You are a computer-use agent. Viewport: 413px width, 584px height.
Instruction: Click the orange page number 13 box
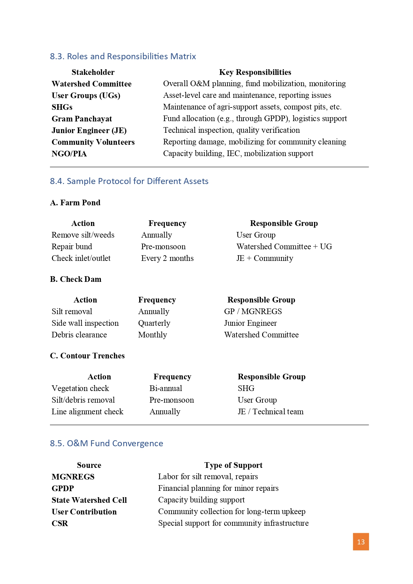(x=361, y=542)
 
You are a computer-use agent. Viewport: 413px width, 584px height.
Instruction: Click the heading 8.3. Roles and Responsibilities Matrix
(x=123, y=56)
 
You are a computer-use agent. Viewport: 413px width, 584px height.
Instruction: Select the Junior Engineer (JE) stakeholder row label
(x=89, y=130)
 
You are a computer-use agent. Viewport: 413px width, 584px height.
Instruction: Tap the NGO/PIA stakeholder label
(x=69, y=154)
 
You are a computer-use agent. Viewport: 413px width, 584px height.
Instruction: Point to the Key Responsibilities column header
(x=255, y=72)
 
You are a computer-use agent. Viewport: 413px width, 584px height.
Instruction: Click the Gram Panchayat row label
(x=82, y=119)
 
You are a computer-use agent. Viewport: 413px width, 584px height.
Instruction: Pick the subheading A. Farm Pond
(x=75, y=203)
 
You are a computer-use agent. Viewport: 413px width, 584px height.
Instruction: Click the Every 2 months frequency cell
(x=167, y=258)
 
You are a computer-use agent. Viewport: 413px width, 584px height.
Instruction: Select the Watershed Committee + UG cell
(x=284, y=247)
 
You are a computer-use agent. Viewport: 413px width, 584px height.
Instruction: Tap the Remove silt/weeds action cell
(x=83, y=235)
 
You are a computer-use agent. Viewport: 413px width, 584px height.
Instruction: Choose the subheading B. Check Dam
(x=76, y=279)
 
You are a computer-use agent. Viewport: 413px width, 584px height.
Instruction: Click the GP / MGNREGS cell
(x=253, y=311)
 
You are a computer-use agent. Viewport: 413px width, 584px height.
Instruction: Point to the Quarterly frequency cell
(x=154, y=323)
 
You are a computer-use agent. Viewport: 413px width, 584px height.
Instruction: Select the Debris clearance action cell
(x=79, y=335)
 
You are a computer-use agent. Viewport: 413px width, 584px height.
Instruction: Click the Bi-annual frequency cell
(x=166, y=388)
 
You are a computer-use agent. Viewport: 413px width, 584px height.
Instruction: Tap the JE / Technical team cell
(x=270, y=412)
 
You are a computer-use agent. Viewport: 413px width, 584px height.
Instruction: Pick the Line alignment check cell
(x=87, y=412)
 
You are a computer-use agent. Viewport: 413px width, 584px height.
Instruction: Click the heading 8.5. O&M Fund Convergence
(x=107, y=443)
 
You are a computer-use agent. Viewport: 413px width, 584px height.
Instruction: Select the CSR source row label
(x=60, y=523)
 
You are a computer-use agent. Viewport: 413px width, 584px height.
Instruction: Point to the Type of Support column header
(x=233, y=465)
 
